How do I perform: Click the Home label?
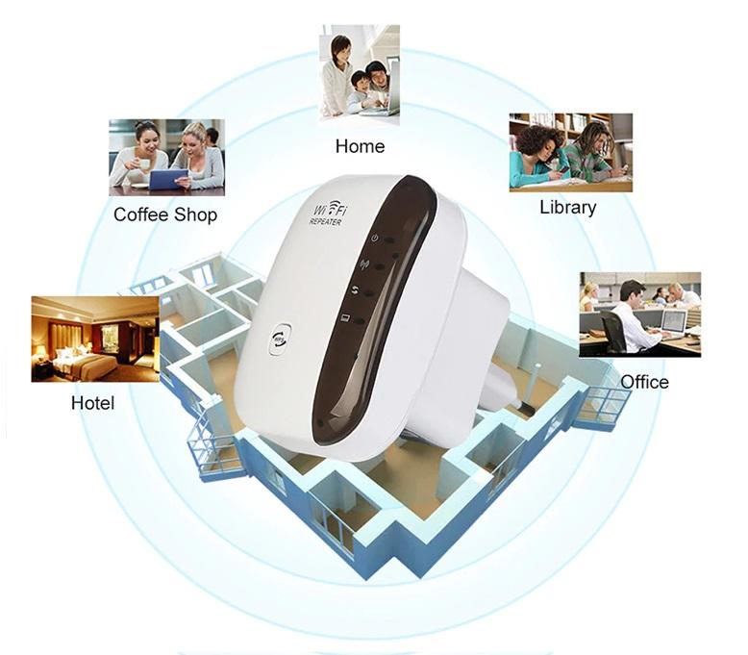coord(360,146)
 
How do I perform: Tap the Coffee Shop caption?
coord(165,214)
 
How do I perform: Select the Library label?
coord(567,208)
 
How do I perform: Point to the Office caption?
coord(644,382)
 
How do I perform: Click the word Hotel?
coord(92,403)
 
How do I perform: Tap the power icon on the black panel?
coord(375,238)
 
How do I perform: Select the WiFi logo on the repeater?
coord(329,210)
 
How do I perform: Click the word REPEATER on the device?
coord(325,222)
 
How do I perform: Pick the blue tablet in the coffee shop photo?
coord(168,179)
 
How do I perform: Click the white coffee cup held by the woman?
coord(142,164)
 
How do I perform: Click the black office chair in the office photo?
coord(612,332)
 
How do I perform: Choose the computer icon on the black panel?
coord(346,317)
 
